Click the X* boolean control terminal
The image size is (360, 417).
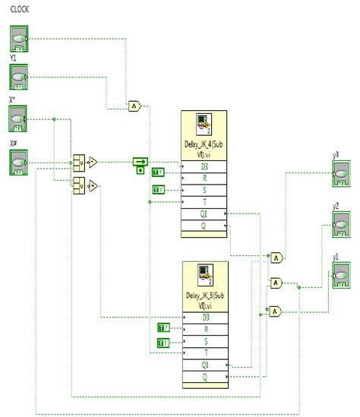(x=19, y=120)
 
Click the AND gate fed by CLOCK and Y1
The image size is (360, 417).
(x=134, y=106)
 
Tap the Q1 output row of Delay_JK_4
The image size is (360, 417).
(x=204, y=215)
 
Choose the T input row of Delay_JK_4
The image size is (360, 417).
(x=204, y=201)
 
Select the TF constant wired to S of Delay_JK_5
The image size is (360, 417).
(x=163, y=343)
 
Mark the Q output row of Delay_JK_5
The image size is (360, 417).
(x=204, y=376)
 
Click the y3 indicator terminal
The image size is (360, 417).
(x=340, y=175)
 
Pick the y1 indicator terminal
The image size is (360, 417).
(x=340, y=274)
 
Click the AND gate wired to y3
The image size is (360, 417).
(x=277, y=257)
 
